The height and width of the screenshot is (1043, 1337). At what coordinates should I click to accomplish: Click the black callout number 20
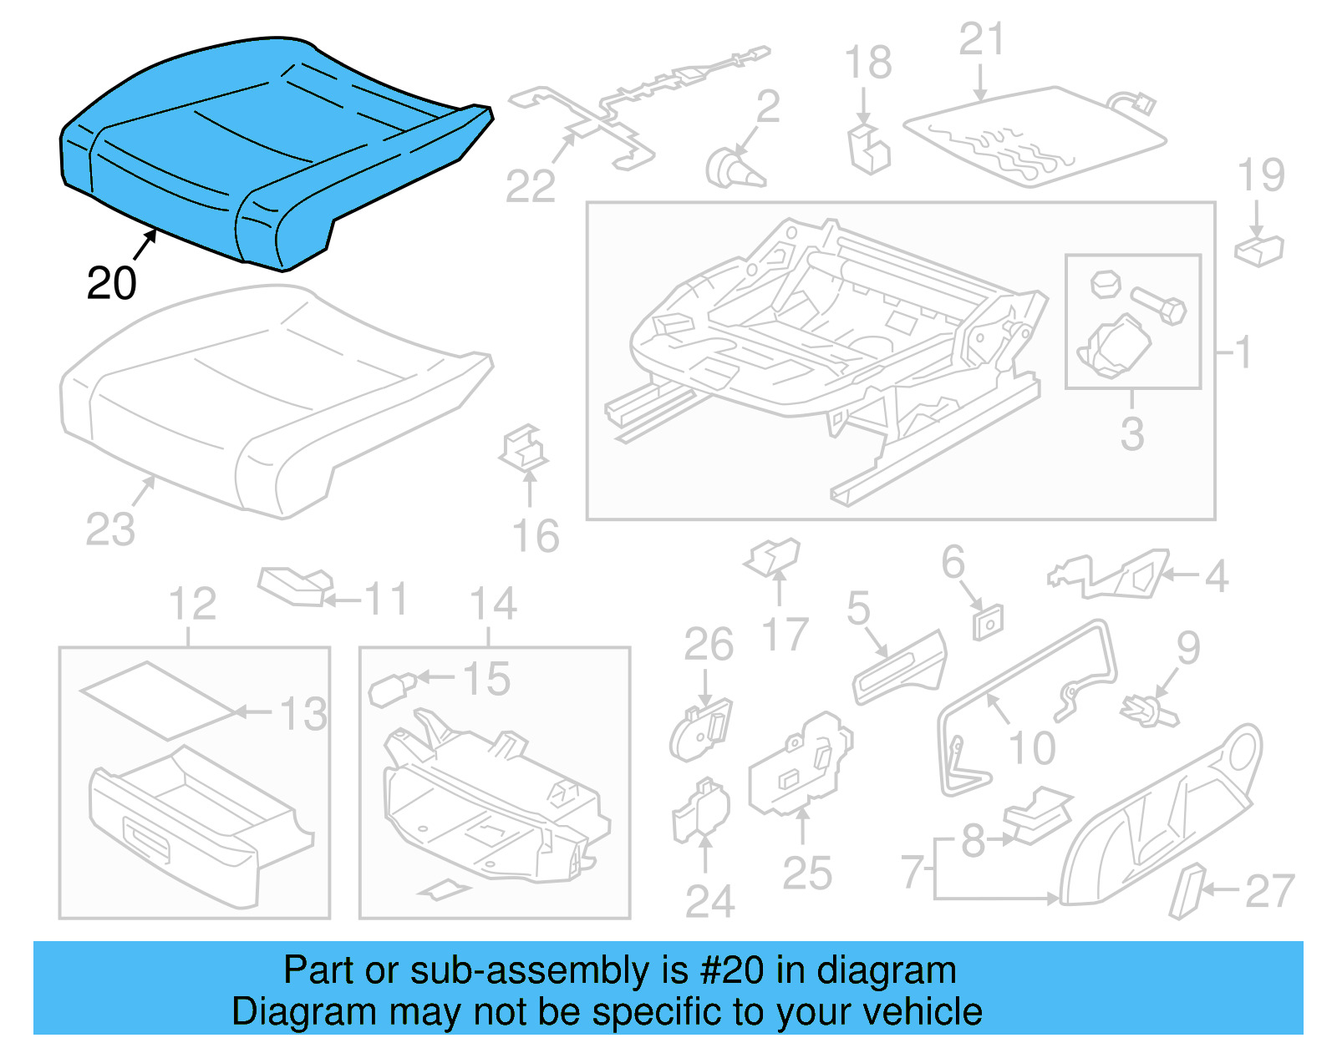click(x=111, y=284)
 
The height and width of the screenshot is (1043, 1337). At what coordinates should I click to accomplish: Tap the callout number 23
click(x=110, y=529)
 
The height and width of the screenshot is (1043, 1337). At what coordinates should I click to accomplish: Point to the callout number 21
click(x=981, y=40)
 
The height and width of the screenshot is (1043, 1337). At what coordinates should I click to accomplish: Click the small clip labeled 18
click(x=868, y=150)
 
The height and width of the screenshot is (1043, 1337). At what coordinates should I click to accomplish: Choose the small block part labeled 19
click(x=1258, y=250)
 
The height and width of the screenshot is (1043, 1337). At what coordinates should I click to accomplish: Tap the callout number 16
click(x=536, y=536)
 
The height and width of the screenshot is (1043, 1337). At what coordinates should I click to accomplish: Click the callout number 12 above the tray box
click(x=192, y=604)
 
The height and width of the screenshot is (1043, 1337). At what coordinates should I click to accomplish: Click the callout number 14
click(x=493, y=604)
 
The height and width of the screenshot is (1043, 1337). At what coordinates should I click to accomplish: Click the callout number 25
click(x=807, y=873)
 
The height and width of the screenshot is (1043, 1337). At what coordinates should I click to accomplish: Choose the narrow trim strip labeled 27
click(x=1187, y=891)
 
